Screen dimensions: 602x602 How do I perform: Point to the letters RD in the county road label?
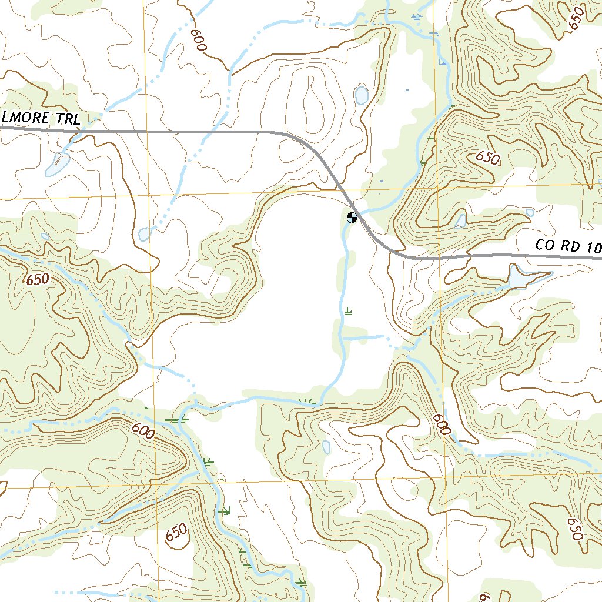click(570, 247)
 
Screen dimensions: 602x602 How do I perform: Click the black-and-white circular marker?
click(352, 218)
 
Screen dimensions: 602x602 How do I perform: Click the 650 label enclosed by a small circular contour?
click(176, 534)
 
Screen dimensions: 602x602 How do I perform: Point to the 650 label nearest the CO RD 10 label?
click(487, 158)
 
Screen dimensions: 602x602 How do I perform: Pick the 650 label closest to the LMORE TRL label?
click(38, 280)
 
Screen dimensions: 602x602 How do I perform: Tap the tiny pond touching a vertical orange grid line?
click(145, 235)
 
